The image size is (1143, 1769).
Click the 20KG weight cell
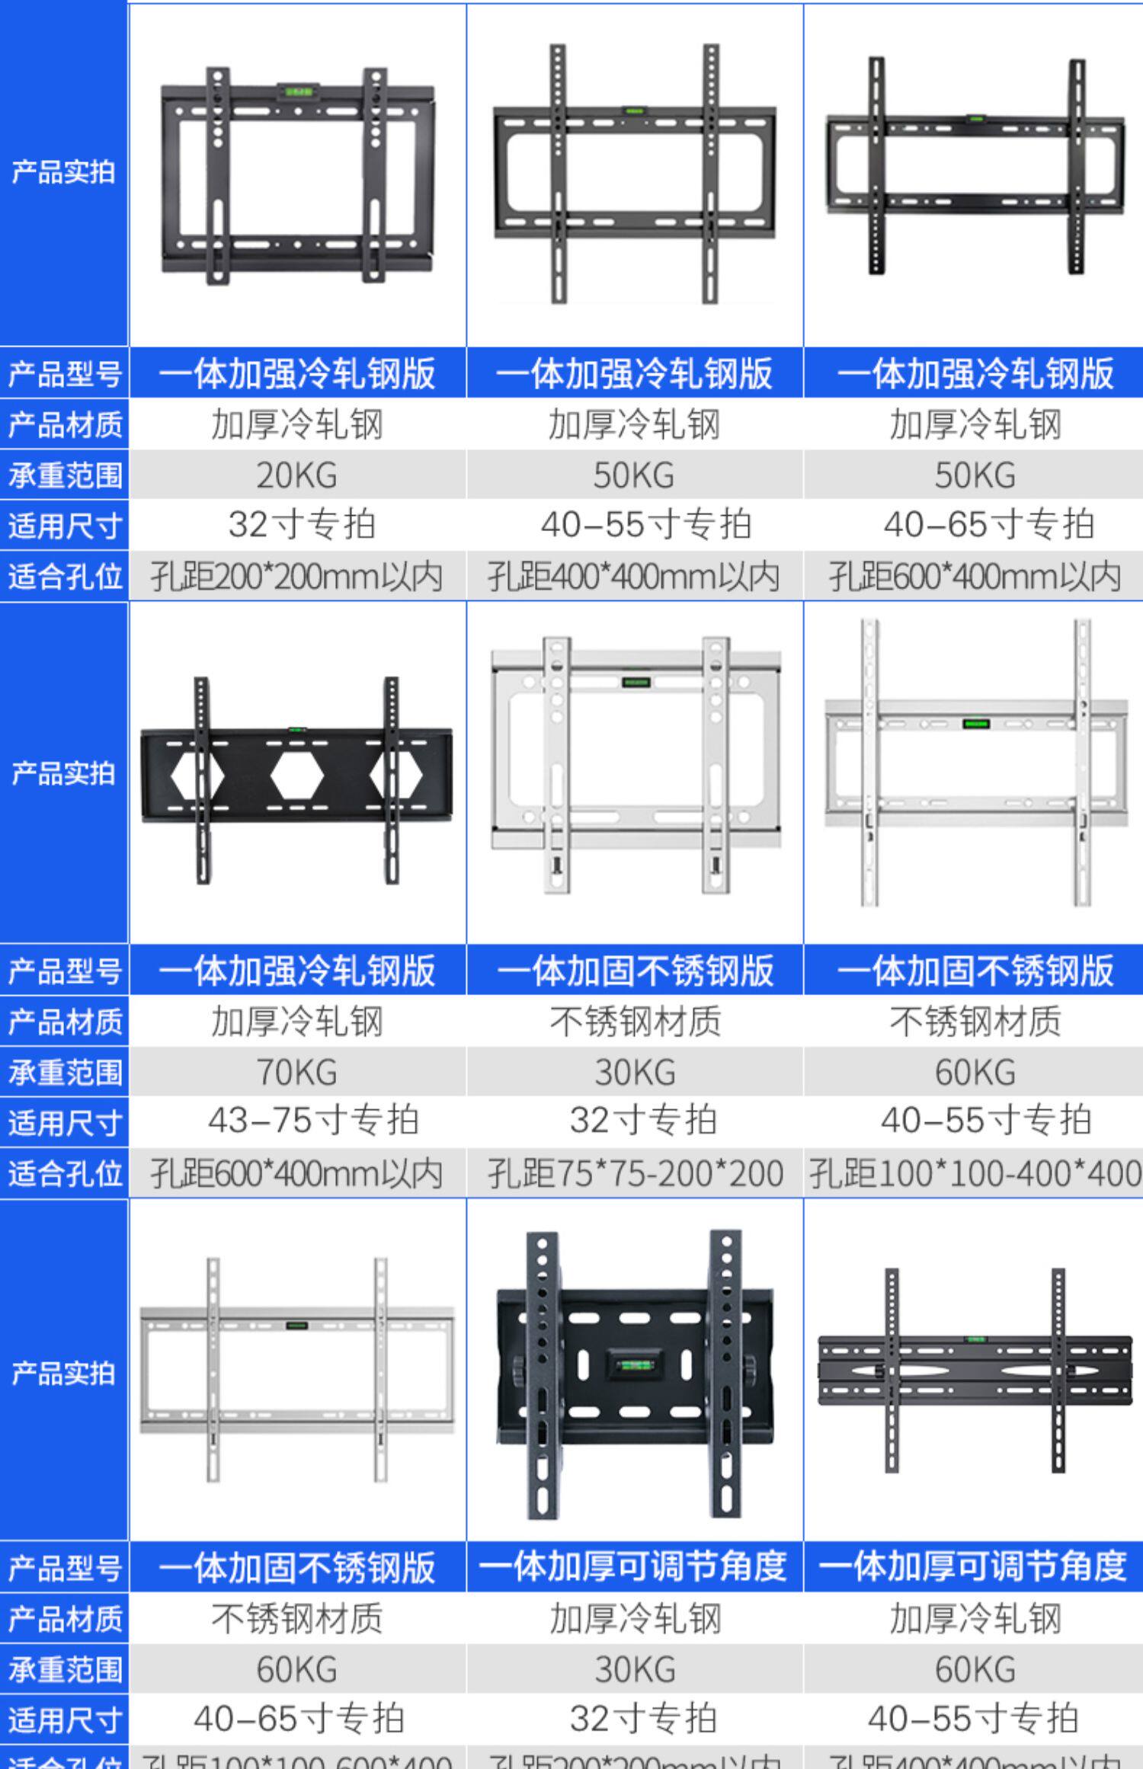tap(296, 475)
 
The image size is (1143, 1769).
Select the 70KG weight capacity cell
tap(296, 1072)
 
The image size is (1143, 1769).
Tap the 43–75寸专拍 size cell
tap(312, 1121)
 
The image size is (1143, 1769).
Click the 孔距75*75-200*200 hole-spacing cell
tap(635, 1173)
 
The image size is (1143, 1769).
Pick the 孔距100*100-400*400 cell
tap(974, 1173)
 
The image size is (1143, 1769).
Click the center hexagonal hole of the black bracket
tap(296, 776)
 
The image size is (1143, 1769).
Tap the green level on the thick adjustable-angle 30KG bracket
tap(634, 1364)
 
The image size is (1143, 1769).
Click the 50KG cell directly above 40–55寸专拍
tap(634, 475)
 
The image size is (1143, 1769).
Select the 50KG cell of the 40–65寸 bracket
tap(974, 475)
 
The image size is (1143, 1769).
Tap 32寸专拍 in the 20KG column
tap(302, 525)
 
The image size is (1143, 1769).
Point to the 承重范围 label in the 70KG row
tap(65, 1073)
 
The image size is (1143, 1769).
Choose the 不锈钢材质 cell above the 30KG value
tap(635, 1022)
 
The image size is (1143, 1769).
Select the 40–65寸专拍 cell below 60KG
tap(299, 1719)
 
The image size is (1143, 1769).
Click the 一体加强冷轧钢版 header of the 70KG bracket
tap(296, 971)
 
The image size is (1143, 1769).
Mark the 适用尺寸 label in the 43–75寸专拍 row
tap(65, 1123)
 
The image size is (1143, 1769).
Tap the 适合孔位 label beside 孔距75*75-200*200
tap(65, 1174)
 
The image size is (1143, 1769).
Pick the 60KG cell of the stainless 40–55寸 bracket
tap(974, 1072)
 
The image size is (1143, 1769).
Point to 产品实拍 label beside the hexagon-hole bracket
tap(63, 774)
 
